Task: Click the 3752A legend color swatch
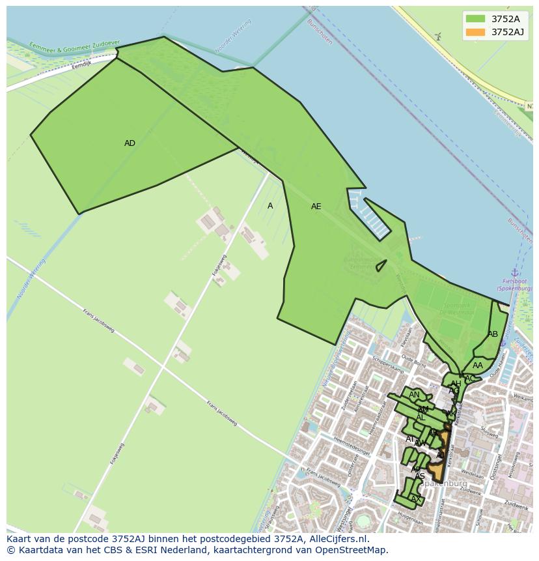[475, 19]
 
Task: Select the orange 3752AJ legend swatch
[475, 32]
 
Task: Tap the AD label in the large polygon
[130, 143]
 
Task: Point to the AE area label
[316, 207]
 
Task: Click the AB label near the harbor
[493, 334]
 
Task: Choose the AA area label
[478, 366]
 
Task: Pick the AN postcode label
[414, 395]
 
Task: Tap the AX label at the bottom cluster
[416, 500]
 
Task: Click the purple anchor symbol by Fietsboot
[514, 272]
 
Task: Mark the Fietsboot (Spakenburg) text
[514, 285]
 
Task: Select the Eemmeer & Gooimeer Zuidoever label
[74, 47]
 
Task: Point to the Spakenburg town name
[443, 483]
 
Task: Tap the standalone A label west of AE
[270, 206]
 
